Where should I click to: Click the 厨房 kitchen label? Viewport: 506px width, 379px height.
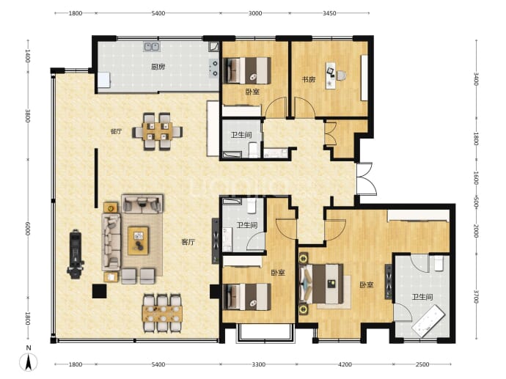pos(158,67)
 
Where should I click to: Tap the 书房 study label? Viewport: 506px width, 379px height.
pos(308,79)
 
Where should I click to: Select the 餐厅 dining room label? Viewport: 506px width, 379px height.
pos(116,131)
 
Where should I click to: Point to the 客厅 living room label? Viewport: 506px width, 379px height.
pos(188,242)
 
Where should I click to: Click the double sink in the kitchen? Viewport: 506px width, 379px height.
pos(151,46)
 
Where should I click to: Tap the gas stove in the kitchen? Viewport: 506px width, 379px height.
pos(213,68)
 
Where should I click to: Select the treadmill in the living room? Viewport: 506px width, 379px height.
pos(76,254)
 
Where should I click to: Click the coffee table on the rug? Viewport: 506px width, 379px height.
pos(138,240)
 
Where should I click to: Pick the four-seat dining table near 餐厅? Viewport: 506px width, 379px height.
pos(157,131)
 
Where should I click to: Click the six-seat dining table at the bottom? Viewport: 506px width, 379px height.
pos(162,313)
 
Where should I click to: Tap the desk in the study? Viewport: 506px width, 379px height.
pos(331,76)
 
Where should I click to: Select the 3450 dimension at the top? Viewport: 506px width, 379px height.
pos(329,13)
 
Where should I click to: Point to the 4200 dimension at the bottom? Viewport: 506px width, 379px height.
pos(345,364)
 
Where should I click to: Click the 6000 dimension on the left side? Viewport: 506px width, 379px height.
pos(28,229)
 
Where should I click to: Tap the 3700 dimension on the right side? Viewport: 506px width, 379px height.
pos(476,297)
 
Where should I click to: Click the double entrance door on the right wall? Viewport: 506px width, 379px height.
pos(366,179)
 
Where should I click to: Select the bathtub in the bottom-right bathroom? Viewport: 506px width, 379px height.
pos(428,321)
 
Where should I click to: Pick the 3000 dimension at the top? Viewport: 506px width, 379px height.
pos(255,13)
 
